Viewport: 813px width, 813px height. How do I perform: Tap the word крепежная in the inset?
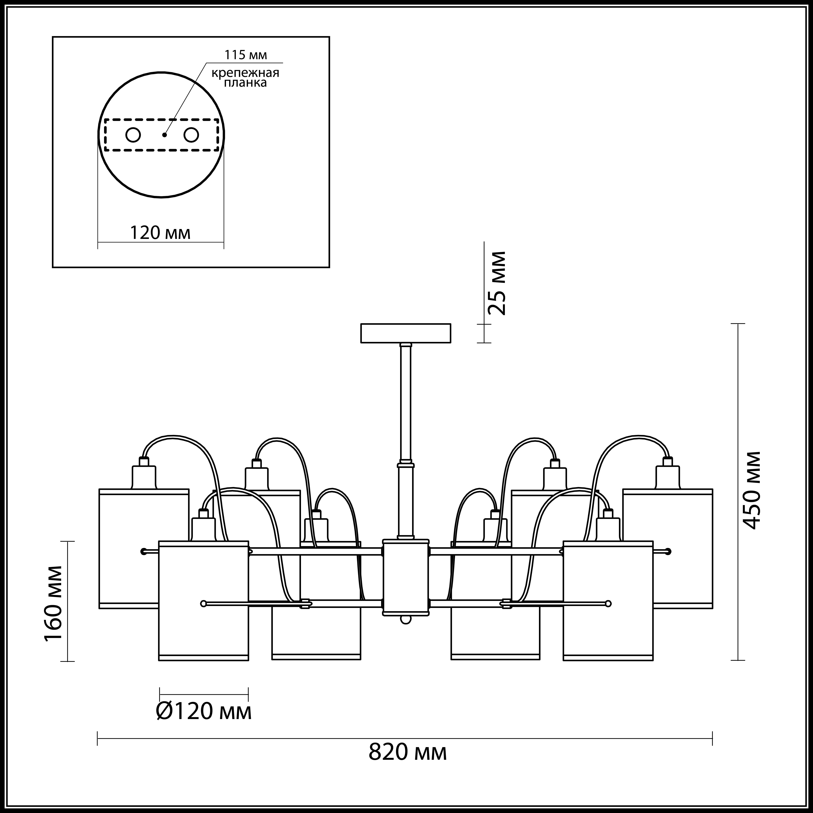click(245, 73)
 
